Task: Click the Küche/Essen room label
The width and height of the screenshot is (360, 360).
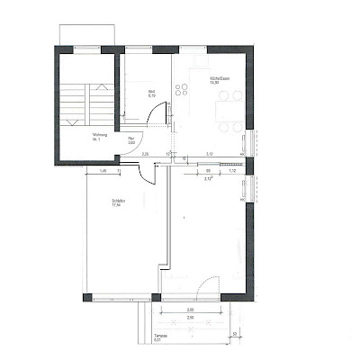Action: point(217,78)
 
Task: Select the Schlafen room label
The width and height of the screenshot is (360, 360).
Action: point(117,201)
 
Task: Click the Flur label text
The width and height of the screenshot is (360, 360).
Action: point(130,138)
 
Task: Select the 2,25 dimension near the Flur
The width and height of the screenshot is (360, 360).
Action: point(147,154)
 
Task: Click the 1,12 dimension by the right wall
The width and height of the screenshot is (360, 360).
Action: point(231,170)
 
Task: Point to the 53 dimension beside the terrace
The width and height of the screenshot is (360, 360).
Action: point(234,335)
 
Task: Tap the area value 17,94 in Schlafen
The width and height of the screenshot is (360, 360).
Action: point(116,205)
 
